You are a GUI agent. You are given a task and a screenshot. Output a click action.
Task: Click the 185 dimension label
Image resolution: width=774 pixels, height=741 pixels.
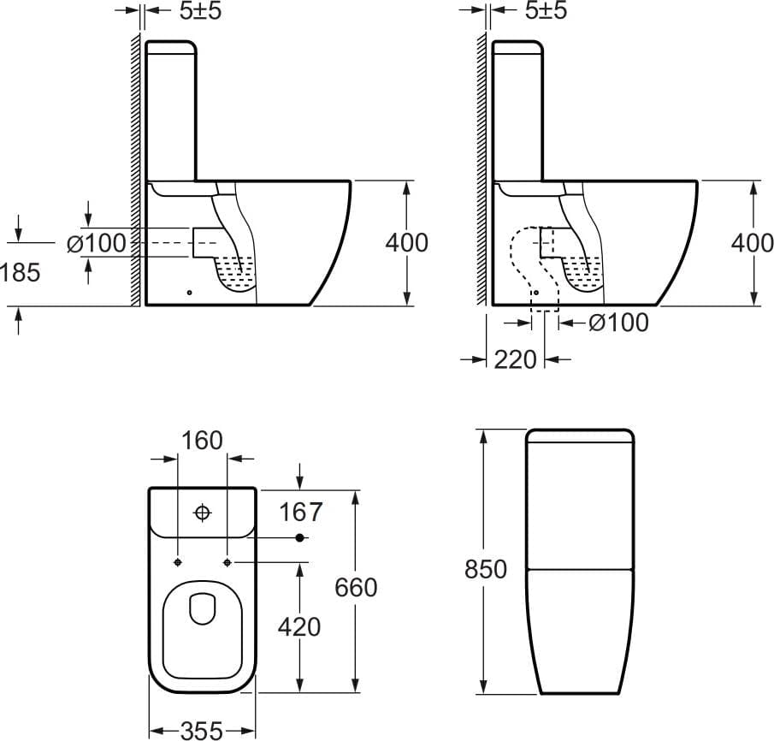[x=21, y=272]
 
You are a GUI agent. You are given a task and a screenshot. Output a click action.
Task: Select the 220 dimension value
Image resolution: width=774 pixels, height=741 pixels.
[x=515, y=359]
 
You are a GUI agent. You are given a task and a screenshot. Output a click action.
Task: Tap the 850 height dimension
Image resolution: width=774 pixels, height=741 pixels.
[x=485, y=569]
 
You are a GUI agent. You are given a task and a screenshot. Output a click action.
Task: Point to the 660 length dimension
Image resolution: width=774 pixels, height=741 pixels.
[x=356, y=587]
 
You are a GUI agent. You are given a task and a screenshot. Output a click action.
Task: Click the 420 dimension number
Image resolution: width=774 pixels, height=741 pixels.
[x=299, y=627]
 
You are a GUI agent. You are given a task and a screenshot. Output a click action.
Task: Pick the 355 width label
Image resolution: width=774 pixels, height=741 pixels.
[x=202, y=731]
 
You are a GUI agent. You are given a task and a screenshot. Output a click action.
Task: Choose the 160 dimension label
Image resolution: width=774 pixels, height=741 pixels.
[x=202, y=440]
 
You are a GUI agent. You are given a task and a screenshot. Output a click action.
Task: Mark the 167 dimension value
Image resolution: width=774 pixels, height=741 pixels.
[x=300, y=512]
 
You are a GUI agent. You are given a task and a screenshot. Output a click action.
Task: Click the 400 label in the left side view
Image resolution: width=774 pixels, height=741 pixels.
[x=407, y=243]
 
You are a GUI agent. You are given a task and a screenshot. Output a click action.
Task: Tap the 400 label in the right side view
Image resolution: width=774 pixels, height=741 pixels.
[x=753, y=243]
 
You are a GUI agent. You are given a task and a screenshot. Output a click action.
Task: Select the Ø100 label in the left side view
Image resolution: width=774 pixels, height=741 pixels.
[x=97, y=243]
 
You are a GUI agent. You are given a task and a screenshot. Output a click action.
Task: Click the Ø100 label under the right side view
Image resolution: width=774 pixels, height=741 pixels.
[x=618, y=323]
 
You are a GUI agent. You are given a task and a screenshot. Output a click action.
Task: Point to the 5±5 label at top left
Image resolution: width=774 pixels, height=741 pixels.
[x=200, y=11]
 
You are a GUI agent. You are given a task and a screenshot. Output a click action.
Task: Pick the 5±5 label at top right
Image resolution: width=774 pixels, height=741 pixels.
[x=546, y=11]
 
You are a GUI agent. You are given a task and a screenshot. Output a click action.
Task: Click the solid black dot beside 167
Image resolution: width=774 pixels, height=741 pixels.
[x=299, y=537]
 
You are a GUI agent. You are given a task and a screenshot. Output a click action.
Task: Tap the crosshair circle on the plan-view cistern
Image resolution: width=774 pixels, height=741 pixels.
[x=203, y=513]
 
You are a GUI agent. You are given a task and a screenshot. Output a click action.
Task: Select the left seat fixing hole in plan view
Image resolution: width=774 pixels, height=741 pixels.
[x=178, y=562]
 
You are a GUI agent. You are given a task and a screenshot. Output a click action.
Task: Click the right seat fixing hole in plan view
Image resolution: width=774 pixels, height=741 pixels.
[x=227, y=562]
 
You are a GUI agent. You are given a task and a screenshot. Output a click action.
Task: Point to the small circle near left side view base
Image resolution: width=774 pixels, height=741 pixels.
[x=190, y=293]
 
